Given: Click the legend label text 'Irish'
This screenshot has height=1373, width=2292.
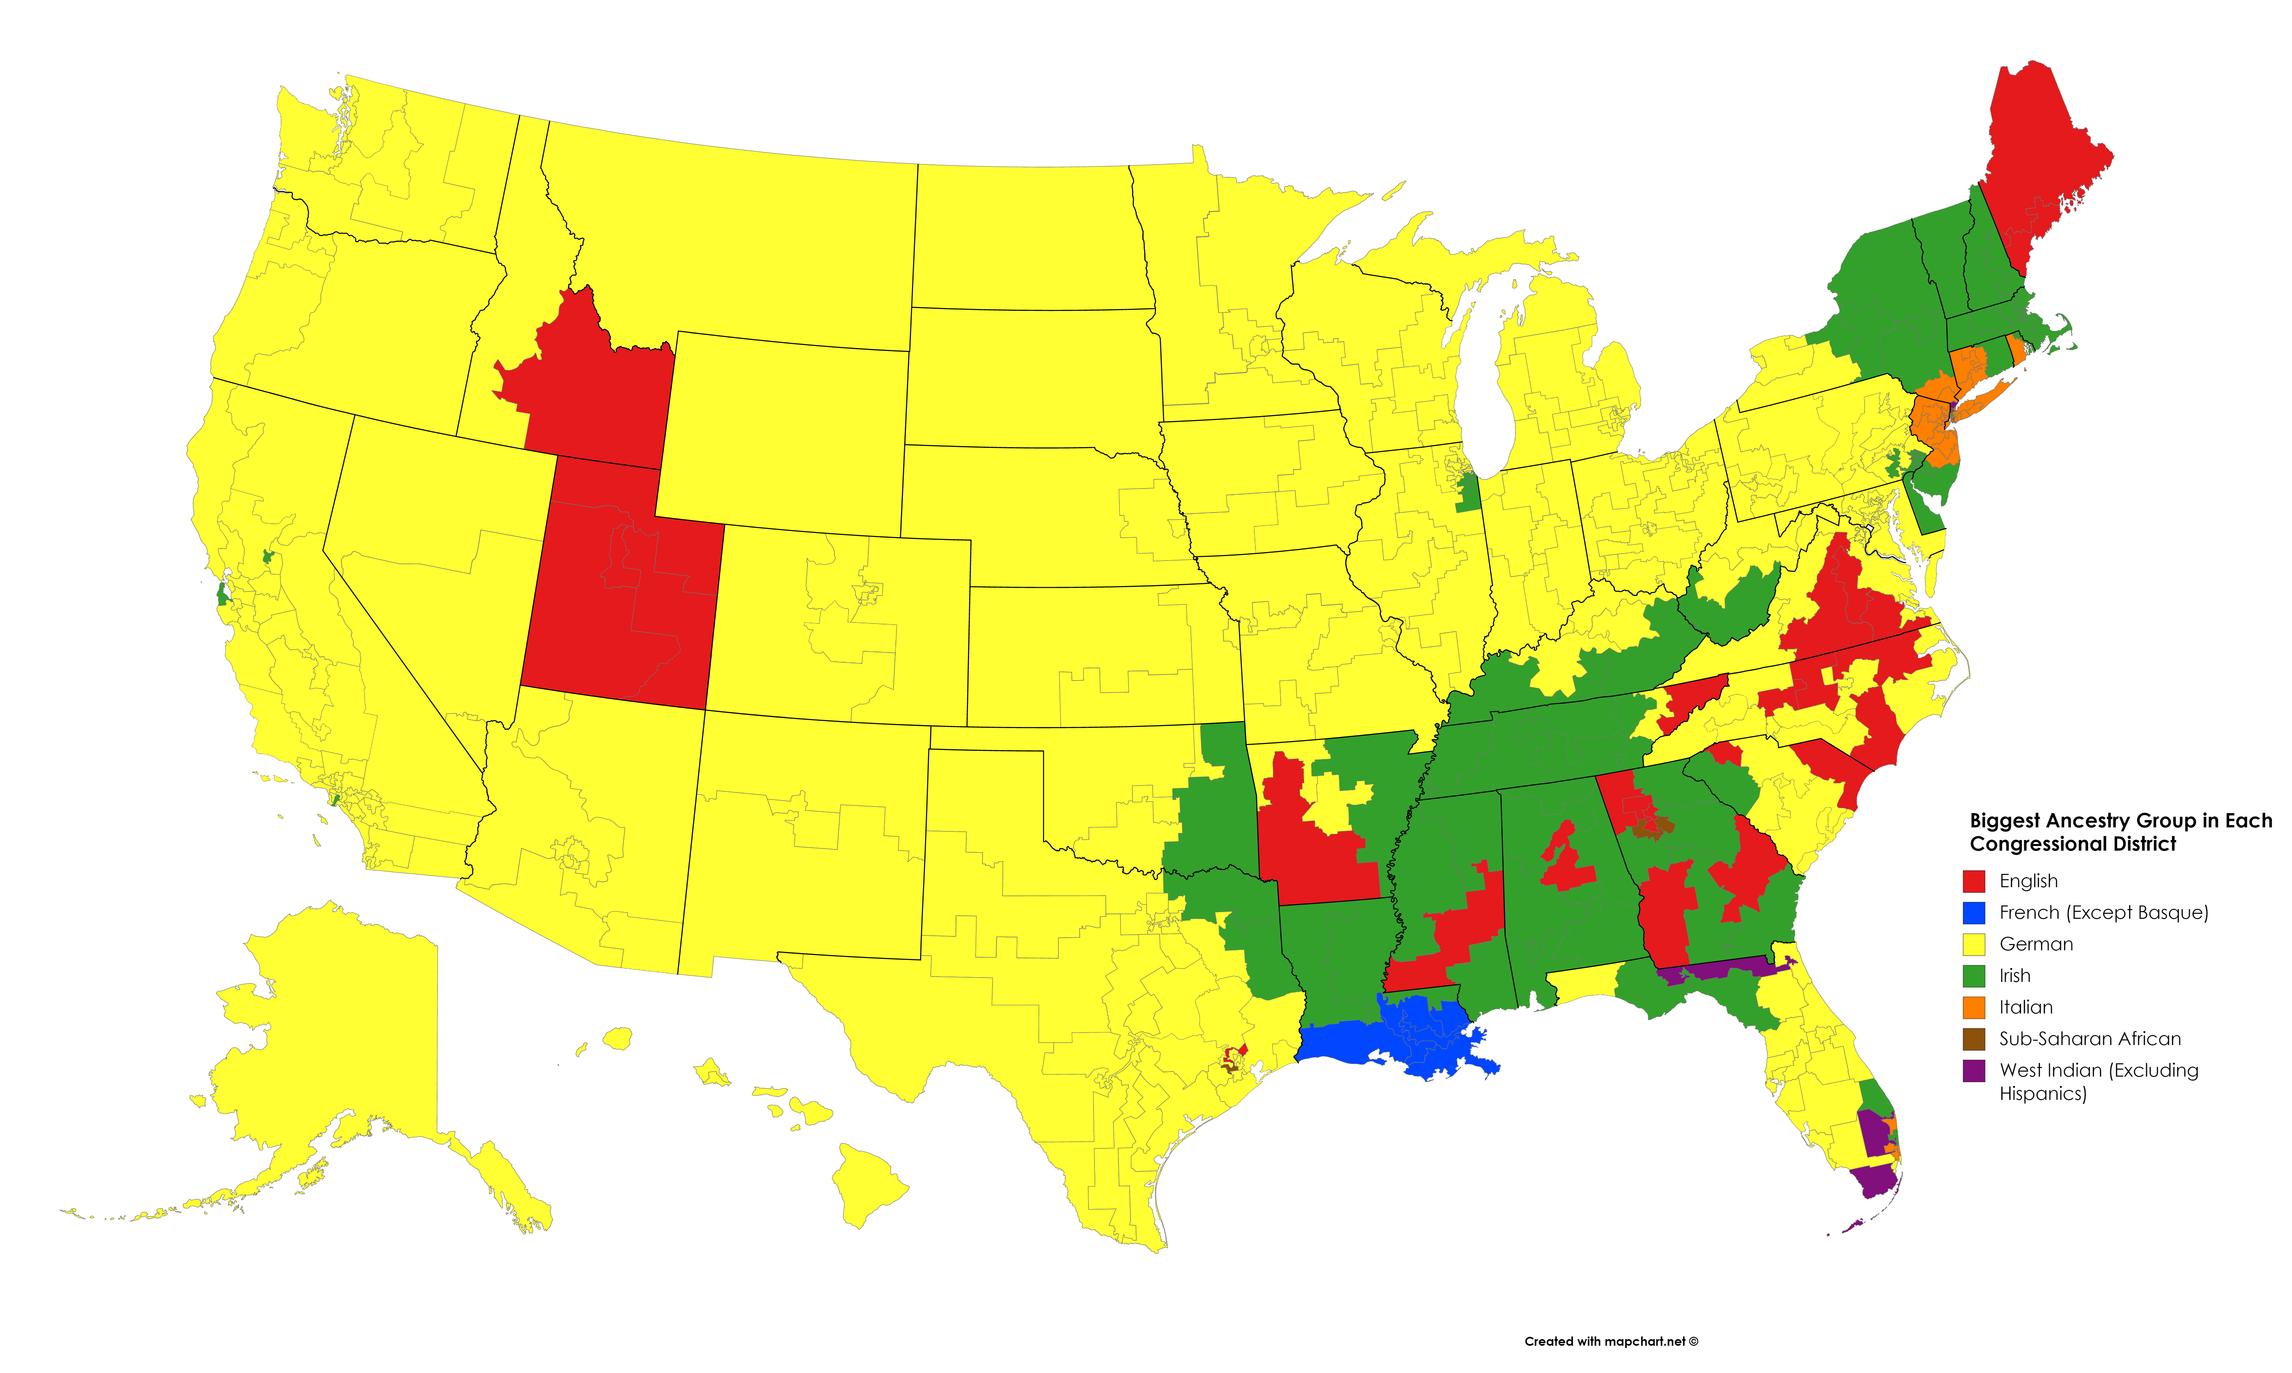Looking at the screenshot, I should (2015, 975).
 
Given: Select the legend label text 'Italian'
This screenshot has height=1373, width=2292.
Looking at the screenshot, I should (2026, 1006).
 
